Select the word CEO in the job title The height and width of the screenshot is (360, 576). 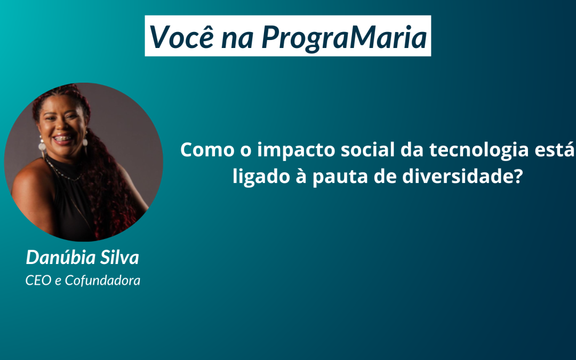(38, 281)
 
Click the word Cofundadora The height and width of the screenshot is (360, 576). (102, 281)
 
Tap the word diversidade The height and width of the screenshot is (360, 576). (457, 177)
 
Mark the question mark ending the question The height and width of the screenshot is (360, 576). (517, 177)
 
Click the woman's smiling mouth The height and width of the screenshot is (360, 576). (63, 139)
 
